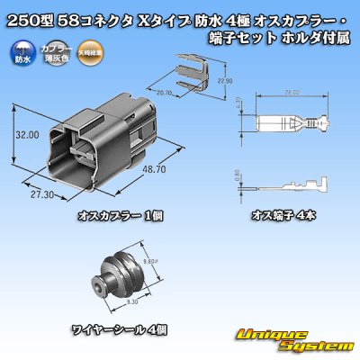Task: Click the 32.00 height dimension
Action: coord(27,134)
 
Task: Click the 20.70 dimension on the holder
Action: coord(164,92)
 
